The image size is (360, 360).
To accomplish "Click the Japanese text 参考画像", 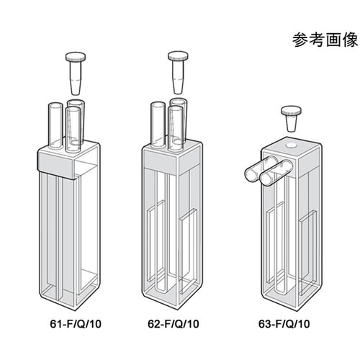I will coord(318,40).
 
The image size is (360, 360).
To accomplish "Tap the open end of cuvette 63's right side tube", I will coord(269,176).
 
